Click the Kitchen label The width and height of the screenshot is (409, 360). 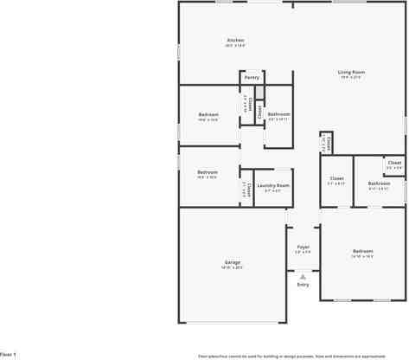(x=235, y=40)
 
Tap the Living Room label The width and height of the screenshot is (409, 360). (x=350, y=72)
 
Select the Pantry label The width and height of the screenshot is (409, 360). (x=252, y=77)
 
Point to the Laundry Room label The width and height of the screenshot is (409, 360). (x=273, y=185)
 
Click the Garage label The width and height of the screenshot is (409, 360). (x=233, y=262)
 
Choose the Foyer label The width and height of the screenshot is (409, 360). (x=303, y=247)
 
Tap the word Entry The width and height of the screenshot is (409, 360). (x=303, y=284)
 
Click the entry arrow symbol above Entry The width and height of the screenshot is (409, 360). (x=303, y=276)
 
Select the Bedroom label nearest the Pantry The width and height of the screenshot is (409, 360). (x=208, y=114)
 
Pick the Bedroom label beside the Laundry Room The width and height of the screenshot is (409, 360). (x=208, y=172)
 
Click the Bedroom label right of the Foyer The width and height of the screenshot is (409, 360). (x=361, y=251)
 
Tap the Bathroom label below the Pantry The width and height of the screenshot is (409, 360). (x=278, y=114)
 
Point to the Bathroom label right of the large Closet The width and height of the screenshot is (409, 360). (x=379, y=183)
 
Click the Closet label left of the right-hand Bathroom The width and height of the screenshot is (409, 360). (x=336, y=179)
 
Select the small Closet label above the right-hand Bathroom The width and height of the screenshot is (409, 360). (x=394, y=163)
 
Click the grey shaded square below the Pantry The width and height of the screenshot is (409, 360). (x=259, y=91)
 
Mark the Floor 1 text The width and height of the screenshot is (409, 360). (x=8, y=354)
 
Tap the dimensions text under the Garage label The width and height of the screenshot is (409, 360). (x=233, y=267)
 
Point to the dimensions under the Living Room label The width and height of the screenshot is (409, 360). (x=350, y=77)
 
